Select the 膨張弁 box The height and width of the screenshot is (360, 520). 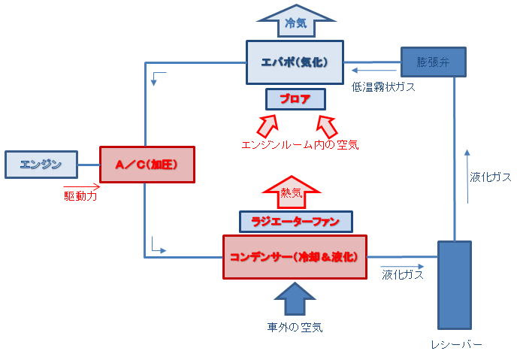[433, 61]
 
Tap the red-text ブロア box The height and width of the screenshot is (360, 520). [295, 99]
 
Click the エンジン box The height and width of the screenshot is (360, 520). [41, 164]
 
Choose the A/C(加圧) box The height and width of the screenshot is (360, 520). [147, 164]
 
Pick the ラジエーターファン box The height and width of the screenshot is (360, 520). [295, 221]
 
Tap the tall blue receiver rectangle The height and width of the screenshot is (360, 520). [454, 285]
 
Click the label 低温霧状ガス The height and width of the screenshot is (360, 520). [383, 87]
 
